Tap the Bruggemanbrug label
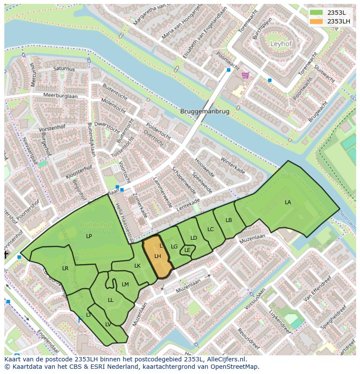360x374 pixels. (204, 111)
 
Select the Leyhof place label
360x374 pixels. (281, 44)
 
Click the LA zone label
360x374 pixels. (288, 202)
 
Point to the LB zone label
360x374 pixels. (229, 220)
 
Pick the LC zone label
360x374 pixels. (210, 229)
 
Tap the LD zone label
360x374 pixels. (193, 238)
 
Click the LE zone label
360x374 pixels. (187, 250)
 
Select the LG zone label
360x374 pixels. (174, 247)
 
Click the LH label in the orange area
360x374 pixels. (157, 256)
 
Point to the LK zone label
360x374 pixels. (137, 266)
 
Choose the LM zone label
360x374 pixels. (125, 285)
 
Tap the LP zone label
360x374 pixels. (89, 236)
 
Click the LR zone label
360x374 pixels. (65, 268)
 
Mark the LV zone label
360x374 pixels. (108, 324)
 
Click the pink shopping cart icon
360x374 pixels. (246, 76)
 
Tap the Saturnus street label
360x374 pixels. (64, 69)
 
